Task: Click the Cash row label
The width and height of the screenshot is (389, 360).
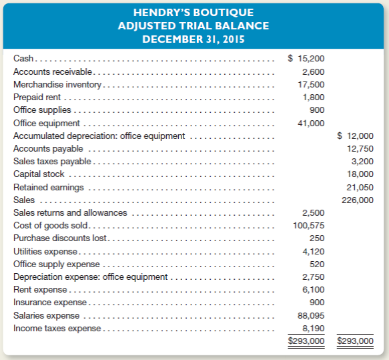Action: (x=23, y=59)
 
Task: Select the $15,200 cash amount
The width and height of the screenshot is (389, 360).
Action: (x=306, y=59)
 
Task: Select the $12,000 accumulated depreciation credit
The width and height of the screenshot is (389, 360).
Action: (x=355, y=136)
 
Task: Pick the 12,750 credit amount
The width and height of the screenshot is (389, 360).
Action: (x=360, y=148)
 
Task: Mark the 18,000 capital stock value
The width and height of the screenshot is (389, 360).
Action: (x=360, y=174)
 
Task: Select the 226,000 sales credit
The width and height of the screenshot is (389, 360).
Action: (x=358, y=200)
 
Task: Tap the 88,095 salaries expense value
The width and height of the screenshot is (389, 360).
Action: (x=311, y=315)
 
